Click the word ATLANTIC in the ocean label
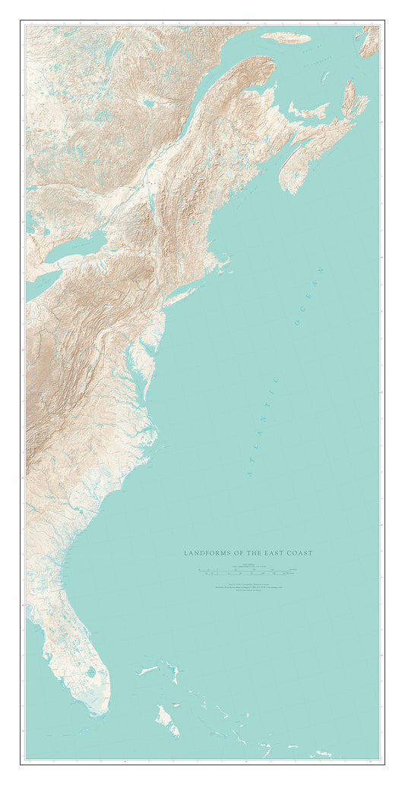tap(263, 425)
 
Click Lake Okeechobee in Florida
tap(91, 672)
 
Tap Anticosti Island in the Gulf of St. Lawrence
tap(286, 38)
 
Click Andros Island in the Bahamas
tap(166, 717)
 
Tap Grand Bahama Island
tap(149, 670)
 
